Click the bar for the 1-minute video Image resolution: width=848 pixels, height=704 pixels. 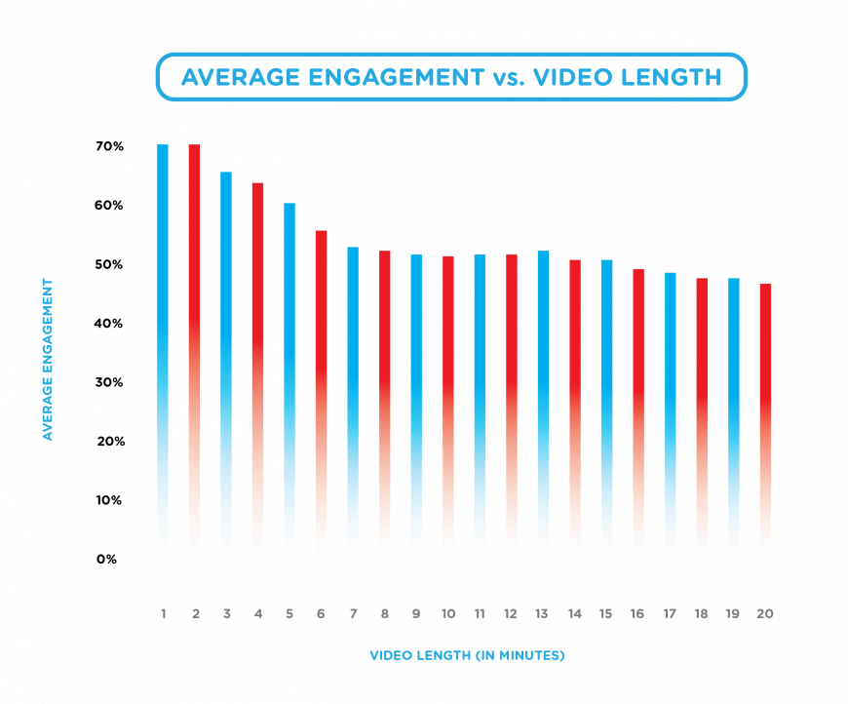[x=163, y=351]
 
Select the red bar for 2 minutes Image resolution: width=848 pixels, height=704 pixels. [x=195, y=351]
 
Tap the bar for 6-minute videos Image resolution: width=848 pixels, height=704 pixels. [x=321, y=395]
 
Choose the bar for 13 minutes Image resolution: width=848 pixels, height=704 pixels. [x=543, y=406]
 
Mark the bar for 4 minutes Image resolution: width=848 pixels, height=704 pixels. [x=257, y=371]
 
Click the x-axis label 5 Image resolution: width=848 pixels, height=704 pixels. [x=289, y=614]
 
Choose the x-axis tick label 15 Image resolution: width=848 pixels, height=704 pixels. [x=606, y=614]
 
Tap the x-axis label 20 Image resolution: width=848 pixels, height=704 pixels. [x=765, y=614]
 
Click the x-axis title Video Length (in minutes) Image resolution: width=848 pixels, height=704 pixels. [x=467, y=655]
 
